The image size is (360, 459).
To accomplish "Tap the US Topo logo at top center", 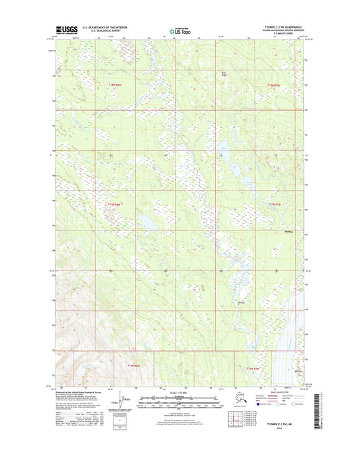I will pos(180,30).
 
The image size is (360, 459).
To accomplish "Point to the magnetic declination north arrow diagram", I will pos(122,401).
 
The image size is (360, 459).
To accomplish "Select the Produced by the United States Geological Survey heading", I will pos(74,391).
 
